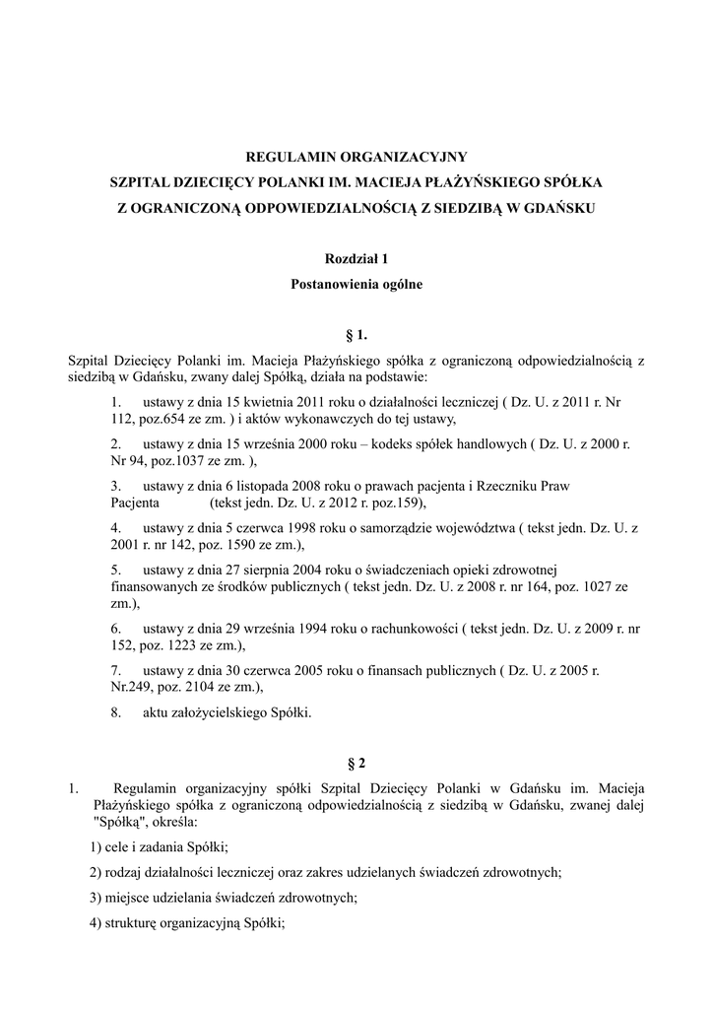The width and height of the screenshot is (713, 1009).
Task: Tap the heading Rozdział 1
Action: coord(356,259)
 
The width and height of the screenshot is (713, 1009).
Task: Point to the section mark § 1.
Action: coord(356,336)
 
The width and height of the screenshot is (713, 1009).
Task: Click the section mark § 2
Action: coord(356,763)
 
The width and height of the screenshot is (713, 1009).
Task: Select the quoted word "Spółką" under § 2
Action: coord(118,821)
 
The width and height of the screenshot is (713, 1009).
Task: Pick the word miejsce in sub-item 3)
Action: coord(126,898)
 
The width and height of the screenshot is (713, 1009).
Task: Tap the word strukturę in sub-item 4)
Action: coord(129,923)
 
